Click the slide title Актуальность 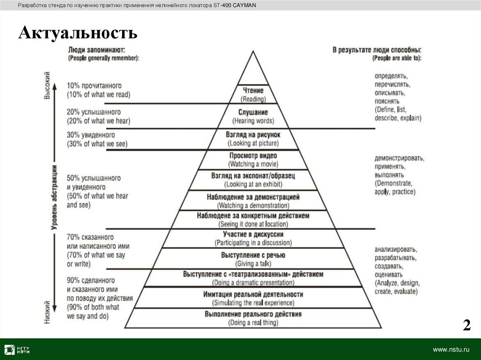[x=78, y=33]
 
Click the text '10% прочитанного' [x=94, y=86]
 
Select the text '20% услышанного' [x=94, y=112]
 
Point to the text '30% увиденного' [x=91, y=135]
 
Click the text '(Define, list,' [x=390, y=109]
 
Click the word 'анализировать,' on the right [x=396, y=249]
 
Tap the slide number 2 [x=466, y=325]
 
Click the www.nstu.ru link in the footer [x=451, y=350]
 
